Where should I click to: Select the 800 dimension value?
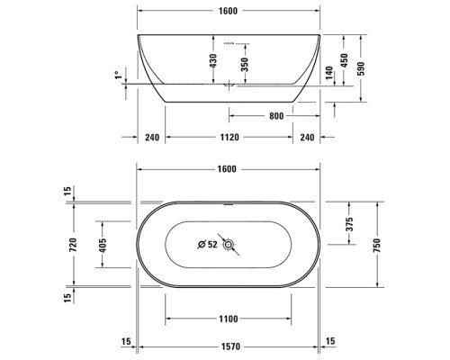point(275,115)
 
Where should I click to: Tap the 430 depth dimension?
point(213,60)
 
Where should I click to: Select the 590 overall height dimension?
point(362,68)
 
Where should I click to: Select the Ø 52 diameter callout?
point(207,244)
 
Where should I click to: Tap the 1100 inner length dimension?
point(228,319)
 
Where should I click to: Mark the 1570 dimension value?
point(228,342)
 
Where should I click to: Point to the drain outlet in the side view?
point(229,86)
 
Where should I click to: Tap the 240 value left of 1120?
point(150,138)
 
